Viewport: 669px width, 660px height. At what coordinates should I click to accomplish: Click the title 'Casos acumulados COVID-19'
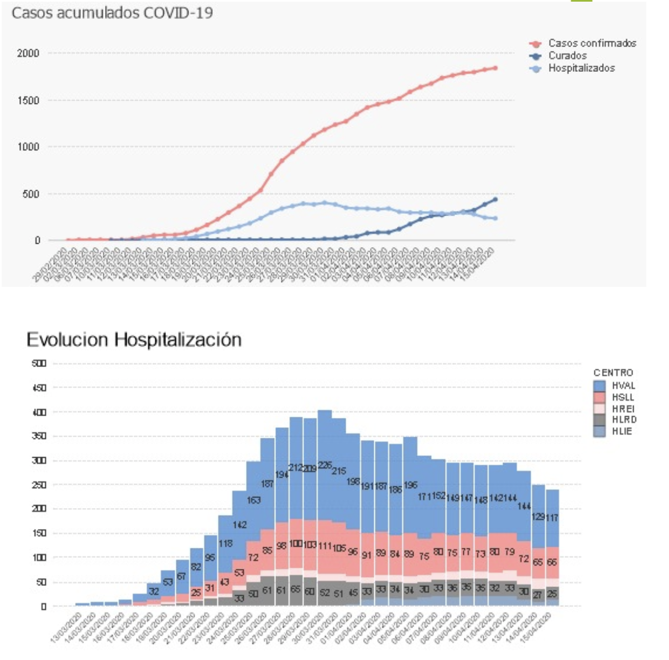(x=112, y=13)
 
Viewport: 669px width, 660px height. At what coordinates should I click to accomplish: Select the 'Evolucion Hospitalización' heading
(x=134, y=339)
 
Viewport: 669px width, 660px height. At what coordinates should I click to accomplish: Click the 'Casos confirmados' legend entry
(x=592, y=43)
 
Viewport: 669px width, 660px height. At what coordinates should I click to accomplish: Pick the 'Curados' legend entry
(x=567, y=56)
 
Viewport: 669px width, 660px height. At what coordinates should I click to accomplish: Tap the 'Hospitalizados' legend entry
(x=581, y=69)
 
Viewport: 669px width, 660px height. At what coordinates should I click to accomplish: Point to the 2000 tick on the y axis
(x=28, y=54)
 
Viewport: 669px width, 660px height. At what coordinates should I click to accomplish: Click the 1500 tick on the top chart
(x=28, y=101)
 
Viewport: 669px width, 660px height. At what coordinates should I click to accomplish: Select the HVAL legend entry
(x=623, y=386)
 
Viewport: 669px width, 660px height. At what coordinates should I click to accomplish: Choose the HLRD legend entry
(x=624, y=420)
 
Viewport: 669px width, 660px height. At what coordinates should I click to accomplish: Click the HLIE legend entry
(x=622, y=432)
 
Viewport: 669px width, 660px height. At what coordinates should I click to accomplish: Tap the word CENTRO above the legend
(x=613, y=373)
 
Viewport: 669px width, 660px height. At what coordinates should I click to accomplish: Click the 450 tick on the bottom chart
(x=39, y=388)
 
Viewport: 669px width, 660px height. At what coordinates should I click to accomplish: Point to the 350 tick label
(x=39, y=437)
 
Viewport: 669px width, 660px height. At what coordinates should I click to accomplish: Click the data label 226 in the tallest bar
(x=325, y=465)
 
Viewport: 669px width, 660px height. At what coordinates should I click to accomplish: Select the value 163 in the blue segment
(x=254, y=500)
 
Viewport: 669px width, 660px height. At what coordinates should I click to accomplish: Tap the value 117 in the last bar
(x=552, y=518)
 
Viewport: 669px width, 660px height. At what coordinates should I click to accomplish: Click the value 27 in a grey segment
(x=537, y=595)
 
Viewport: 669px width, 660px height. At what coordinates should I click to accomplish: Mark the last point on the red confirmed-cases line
(x=495, y=68)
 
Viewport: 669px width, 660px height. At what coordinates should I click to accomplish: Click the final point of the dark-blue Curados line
(x=495, y=199)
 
